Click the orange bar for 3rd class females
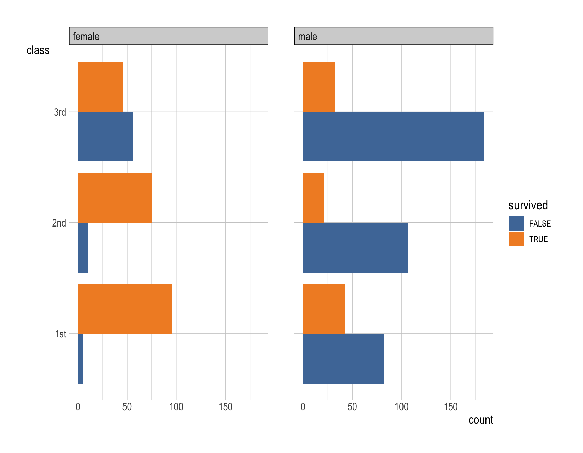[101, 87]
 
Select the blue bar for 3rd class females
[105, 137]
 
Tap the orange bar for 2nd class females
[115, 198]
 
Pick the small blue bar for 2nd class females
[83, 247]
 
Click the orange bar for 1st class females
[125, 309]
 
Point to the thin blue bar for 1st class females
[80, 359]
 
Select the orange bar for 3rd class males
[319, 87]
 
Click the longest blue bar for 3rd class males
[393, 137]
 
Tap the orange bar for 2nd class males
[313, 198]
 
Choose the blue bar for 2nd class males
[355, 247]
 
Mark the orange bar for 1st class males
[324, 309]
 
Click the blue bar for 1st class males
[343, 359]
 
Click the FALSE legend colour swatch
[516, 223]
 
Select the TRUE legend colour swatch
[516, 239]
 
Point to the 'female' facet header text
[86, 36]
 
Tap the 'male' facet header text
[307, 36]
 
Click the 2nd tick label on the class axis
[59, 223]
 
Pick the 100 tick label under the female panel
[176, 407]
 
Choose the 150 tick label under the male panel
[451, 407]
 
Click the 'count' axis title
[480, 420]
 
